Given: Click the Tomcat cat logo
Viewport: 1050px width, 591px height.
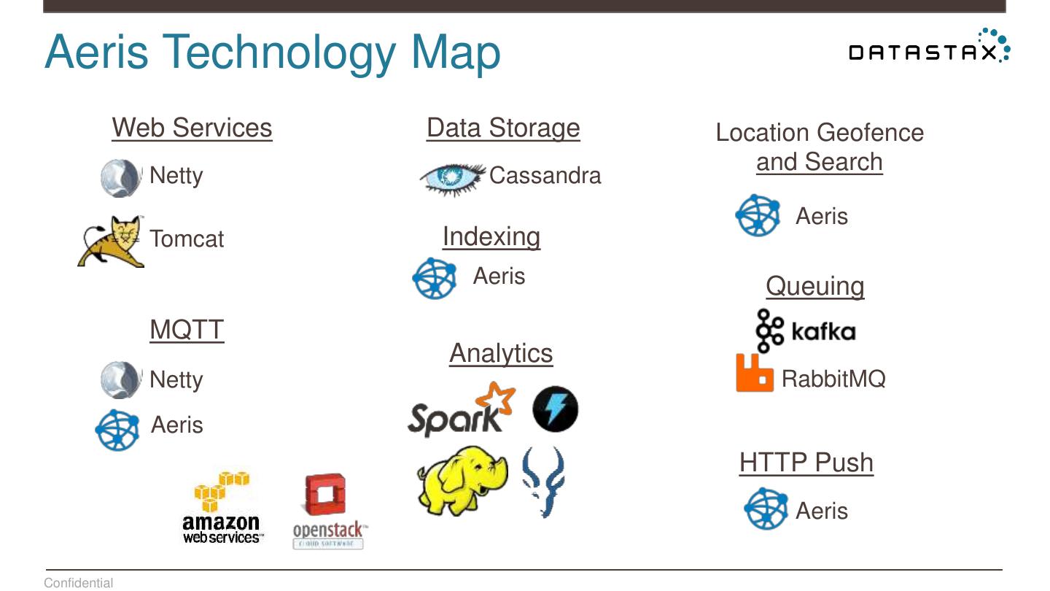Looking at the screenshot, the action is pyautogui.click(x=112, y=242).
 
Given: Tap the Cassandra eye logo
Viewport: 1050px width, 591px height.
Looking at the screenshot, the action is pyautogui.click(x=452, y=177).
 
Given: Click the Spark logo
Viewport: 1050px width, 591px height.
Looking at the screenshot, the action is pyautogui.click(x=460, y=410).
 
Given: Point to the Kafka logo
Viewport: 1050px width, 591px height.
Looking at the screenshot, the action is pyautogui.click(x=805, y=331).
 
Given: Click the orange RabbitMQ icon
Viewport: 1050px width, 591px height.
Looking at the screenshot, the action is pyautogui.click(x=754, y=373).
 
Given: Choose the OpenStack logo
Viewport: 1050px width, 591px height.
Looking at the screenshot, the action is pyautogui.click(x=327, y=511).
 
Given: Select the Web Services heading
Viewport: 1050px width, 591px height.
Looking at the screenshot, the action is pyautogui.click(x=192, y=128).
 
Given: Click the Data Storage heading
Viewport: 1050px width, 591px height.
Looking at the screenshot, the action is pyautogui.click(x=503, y=128).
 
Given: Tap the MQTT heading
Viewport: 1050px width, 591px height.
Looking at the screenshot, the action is pyautogui.click(x=187, y=330).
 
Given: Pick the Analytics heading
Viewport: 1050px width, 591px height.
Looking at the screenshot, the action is pyautogui.click(x=501, y=353).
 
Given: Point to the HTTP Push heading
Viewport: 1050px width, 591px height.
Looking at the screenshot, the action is pyautogui.click(x=806, y=463).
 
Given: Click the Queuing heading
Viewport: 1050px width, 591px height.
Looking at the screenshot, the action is pyautogui.click(x=814, y=286).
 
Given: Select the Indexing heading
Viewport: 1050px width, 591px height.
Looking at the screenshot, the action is pyautogui.click(x=491, y=236).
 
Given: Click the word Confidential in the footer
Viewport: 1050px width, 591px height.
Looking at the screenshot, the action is pyautogui.click(x=79, y=583).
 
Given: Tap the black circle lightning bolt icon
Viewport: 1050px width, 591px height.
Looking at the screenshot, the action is pyautogui.click(x=555, y=409).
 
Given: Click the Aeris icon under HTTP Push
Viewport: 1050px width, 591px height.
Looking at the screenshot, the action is pyautogui.click(x=766, y=509).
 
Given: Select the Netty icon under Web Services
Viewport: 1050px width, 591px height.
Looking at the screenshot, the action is pyautogui.click(x=120, y=177).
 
